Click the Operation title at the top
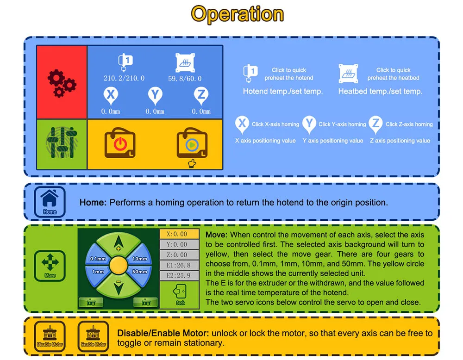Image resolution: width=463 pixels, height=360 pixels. coord(237,14)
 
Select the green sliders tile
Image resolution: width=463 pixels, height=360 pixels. coord(62,144)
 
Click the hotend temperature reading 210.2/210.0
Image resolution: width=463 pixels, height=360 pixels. coord(124,78)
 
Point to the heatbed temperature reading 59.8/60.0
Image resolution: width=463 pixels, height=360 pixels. coord(184,78)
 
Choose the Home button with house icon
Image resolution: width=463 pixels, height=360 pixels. coord(50,201)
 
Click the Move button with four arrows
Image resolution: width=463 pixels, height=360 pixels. coord(50,265)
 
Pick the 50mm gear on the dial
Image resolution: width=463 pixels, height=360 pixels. coord(139,272)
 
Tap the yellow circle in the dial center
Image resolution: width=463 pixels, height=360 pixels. coord(118,265)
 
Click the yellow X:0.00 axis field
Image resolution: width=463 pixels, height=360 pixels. coord(180,234)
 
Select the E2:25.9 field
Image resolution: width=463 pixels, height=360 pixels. coord(180,275)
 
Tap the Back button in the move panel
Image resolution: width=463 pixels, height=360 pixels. coord(180,294)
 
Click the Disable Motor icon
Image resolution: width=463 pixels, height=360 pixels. coord(50,335)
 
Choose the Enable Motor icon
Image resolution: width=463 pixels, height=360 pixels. coord(94,335)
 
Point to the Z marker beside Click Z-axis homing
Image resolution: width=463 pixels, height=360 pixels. coord(376,124)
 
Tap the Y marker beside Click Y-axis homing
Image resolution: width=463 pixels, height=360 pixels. coord(309,124)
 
